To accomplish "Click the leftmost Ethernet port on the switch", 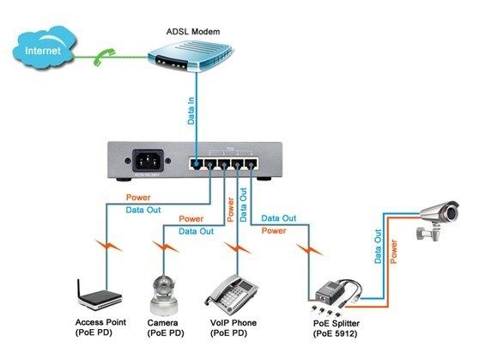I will click(x=198, y=162).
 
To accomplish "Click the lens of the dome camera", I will click(x=161, y=290).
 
